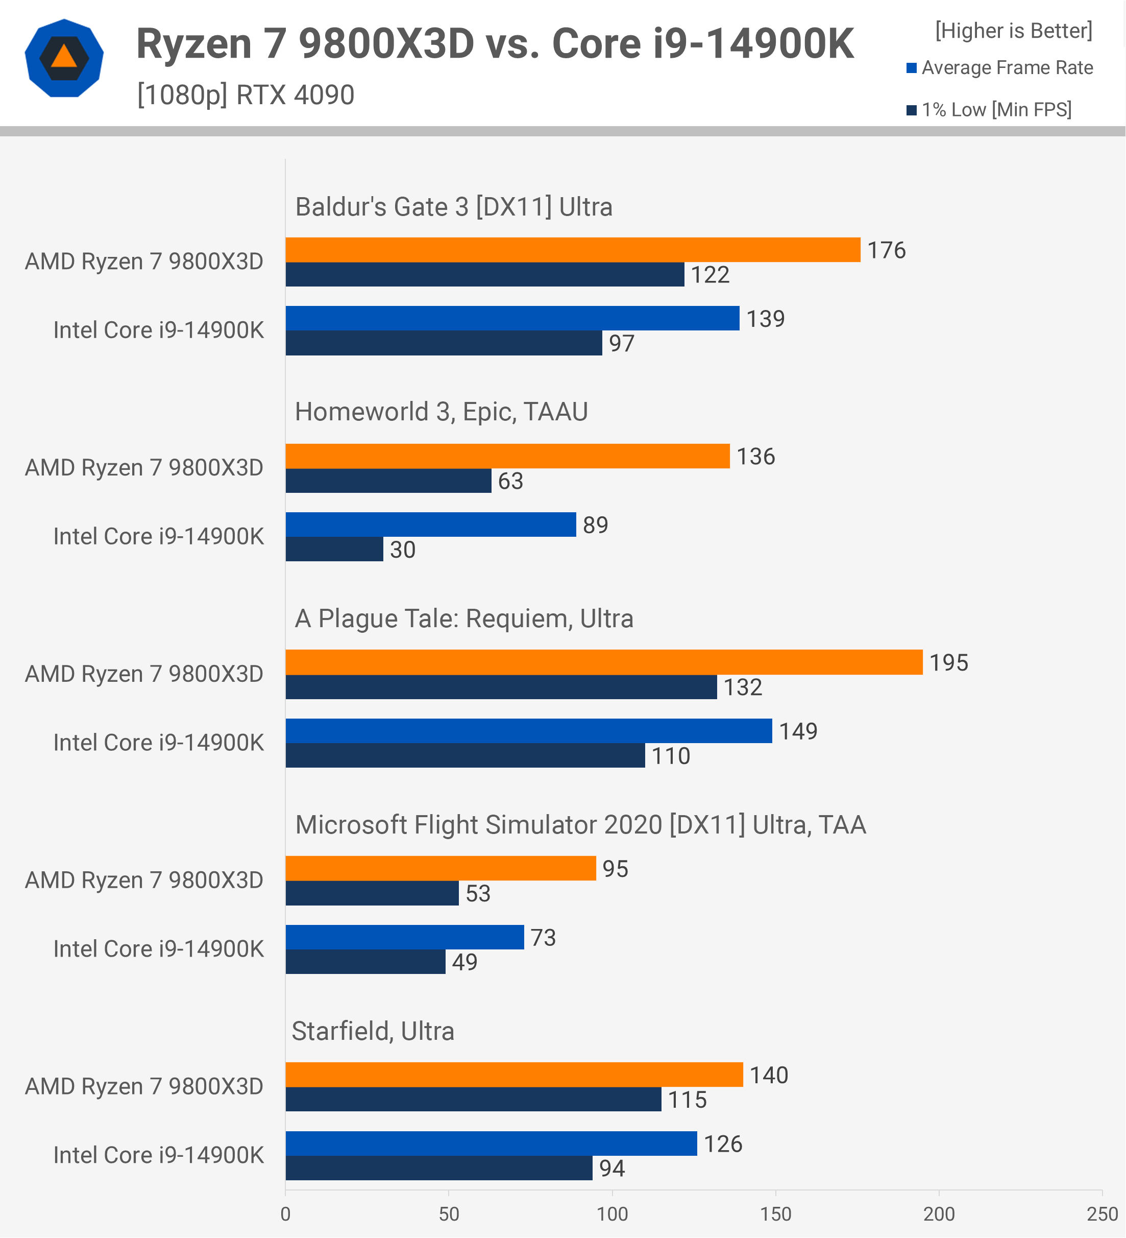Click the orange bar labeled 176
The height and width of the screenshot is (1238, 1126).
click(x=573, y=250)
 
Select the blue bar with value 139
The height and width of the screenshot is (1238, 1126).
click(x=512, y=318)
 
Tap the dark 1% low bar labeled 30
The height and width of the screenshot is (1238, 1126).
click(x=334, y=549)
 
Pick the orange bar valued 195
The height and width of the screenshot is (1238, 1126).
click(x=604, y=662)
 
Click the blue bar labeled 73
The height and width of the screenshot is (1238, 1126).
click(x=405, y=937)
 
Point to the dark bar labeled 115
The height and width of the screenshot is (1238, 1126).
click(x=473, y=1099)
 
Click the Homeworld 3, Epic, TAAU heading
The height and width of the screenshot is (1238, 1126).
click(x=441, y=412)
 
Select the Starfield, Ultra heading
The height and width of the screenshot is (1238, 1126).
click(x=373, y=1031)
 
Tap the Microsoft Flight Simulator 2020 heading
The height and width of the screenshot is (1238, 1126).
click(x=580, y=825)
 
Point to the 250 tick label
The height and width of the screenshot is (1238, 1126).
click(x=1102, y=1214)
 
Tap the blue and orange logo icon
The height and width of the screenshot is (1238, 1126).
click(x=64, y=58)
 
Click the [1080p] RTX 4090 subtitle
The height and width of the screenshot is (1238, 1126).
click(x=246, y=95)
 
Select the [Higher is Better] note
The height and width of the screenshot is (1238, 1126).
click(x=1014, y=31)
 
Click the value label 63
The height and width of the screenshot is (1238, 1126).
click(x=510, y=481)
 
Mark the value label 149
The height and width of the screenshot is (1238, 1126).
click(x=798, y=731)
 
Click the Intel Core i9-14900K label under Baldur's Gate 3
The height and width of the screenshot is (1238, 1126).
click(x=158, y=330)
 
